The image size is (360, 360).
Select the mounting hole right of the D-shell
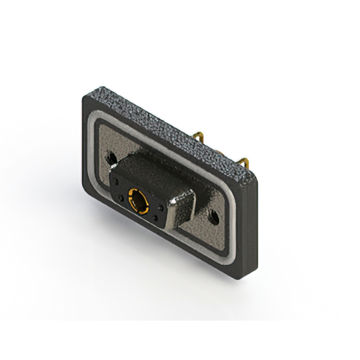click(x=213, y=215)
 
